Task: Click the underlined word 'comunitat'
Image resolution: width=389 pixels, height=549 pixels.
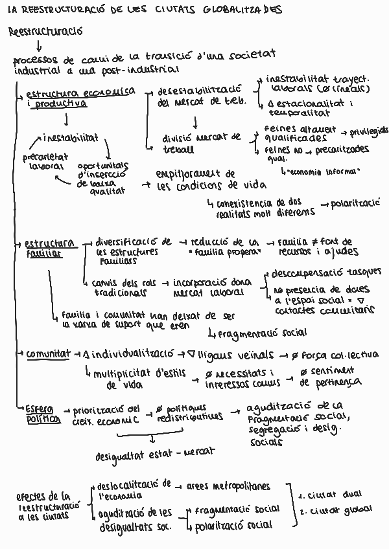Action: [x=48, y=355]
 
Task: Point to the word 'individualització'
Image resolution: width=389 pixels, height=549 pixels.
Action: [x=133, y=354]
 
